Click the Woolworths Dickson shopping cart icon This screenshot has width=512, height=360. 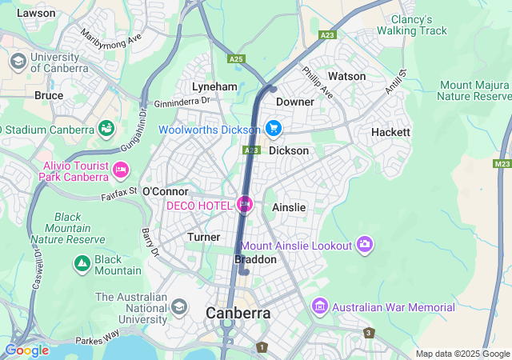(274, 129)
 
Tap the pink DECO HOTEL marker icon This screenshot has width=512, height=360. (245, 206)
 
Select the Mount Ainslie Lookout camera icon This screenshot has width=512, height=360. (366, 244)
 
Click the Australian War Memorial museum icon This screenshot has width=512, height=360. (320, 307)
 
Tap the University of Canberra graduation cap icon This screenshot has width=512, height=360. (18, 61)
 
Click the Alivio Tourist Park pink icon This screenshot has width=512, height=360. (122, 169)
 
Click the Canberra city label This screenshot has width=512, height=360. (238, 313)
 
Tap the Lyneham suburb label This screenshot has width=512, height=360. (214, 86)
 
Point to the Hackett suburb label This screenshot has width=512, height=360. (390, 132)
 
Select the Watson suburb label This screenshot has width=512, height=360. (346, 76)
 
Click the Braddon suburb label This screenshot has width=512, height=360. (255, 260)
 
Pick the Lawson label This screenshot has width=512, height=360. (36, 14)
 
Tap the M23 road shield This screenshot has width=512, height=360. (502, 163)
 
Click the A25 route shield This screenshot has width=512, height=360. (236, 58)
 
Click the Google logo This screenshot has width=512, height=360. (26, 350)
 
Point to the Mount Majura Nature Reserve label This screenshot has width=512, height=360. (474, 90)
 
